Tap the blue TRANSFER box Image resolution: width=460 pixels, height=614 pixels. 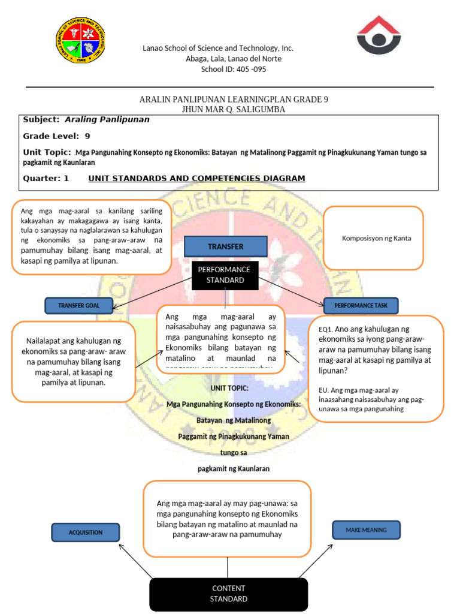click(x=225, y=246)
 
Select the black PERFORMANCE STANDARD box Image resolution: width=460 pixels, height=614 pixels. click(x=225, y=275)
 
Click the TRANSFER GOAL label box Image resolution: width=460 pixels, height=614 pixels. click(x=79, y=306)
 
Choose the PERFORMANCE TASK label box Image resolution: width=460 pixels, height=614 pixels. click(x=361, y=306)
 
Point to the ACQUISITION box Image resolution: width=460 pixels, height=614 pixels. click(x=85, y=532)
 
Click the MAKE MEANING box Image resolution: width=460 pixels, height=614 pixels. click(x=366, y=530)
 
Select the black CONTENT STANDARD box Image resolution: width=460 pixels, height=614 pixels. click(x=228, y=594)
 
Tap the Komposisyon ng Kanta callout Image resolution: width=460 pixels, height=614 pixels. click(x=373, y=238)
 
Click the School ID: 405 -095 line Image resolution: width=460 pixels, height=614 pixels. click(x=234, y=70)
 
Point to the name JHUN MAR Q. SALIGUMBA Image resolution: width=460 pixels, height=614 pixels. click(x=234, y=110)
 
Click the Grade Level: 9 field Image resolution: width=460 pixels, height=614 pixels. click(x=56, y=136)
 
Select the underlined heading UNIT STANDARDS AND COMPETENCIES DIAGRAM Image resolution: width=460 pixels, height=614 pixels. click(x=196, y=179)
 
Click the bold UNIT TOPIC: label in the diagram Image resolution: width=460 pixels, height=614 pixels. click(x=234, y=389)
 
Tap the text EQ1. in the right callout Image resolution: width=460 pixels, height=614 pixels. click(x=326, y=329)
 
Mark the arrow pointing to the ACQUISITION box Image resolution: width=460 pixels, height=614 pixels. click(x=135, y=560)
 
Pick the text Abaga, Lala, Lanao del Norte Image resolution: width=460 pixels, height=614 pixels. click(x=234, y=59)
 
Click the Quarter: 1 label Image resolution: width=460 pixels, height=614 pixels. click(x=46, y=179)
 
